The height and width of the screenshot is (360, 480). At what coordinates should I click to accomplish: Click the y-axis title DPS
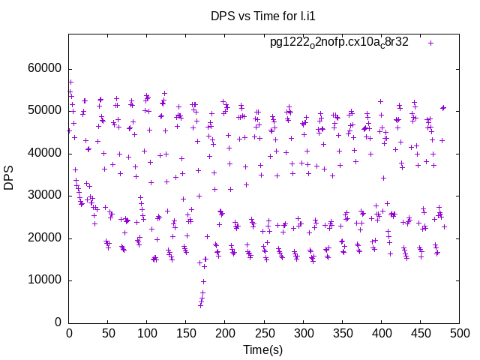point(10,178)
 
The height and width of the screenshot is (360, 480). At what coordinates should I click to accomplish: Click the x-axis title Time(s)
point(262,349)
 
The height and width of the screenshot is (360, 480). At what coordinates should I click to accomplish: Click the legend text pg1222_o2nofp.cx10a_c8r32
point(339,43)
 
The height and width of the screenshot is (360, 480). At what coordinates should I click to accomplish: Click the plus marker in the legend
point(430,43)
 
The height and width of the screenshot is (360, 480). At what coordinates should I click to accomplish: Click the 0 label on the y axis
point(58,323)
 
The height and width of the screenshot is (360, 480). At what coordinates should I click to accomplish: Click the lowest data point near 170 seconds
point(200,305)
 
